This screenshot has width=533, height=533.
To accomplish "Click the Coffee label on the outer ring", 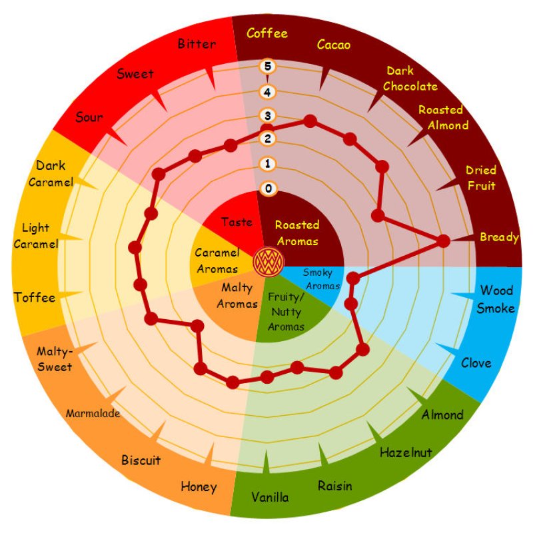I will coord(266,33).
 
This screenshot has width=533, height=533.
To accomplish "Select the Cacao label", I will coord(334,45).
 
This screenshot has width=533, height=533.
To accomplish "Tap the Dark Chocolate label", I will coord(410,79).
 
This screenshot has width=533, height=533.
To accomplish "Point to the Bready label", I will coord(499,237).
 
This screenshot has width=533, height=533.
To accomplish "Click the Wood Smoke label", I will coord(497,299).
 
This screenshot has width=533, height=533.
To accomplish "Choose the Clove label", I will coord(476,363).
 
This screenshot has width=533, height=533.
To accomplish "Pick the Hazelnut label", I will coord(406,453).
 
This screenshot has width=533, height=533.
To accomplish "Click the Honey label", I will coord(199,487).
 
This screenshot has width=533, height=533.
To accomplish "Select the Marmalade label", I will coord(93,414).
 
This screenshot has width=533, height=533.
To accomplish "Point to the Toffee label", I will coord(35,297).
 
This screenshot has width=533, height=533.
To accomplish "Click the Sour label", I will coord(89,118).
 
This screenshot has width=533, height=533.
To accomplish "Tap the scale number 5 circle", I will coord(267,67).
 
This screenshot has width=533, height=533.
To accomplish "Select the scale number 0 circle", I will coord(268,189).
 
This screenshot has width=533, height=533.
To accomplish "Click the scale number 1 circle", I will coord(268,164).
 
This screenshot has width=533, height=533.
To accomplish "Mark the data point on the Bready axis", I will coord(443,243).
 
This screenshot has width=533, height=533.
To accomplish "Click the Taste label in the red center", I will coord(237,223).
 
